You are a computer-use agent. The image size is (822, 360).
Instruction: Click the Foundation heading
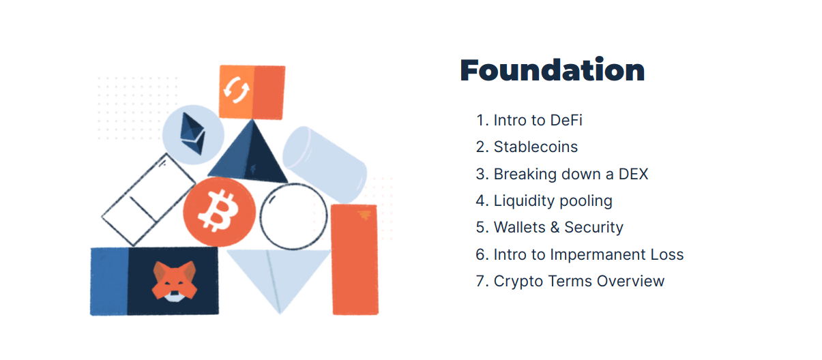pyautogui.click(x=552, y=71)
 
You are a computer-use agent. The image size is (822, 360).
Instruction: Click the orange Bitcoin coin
pyautogui.click(x=220, y=211)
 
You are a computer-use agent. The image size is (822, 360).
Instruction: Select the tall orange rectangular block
pyautogui.click(x=355, y=259)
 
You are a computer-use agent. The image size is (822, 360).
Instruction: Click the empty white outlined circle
pyautogui.click(x=294, y=216)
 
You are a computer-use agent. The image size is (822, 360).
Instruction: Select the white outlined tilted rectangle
pyautogui.click(x=148, y=198)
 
